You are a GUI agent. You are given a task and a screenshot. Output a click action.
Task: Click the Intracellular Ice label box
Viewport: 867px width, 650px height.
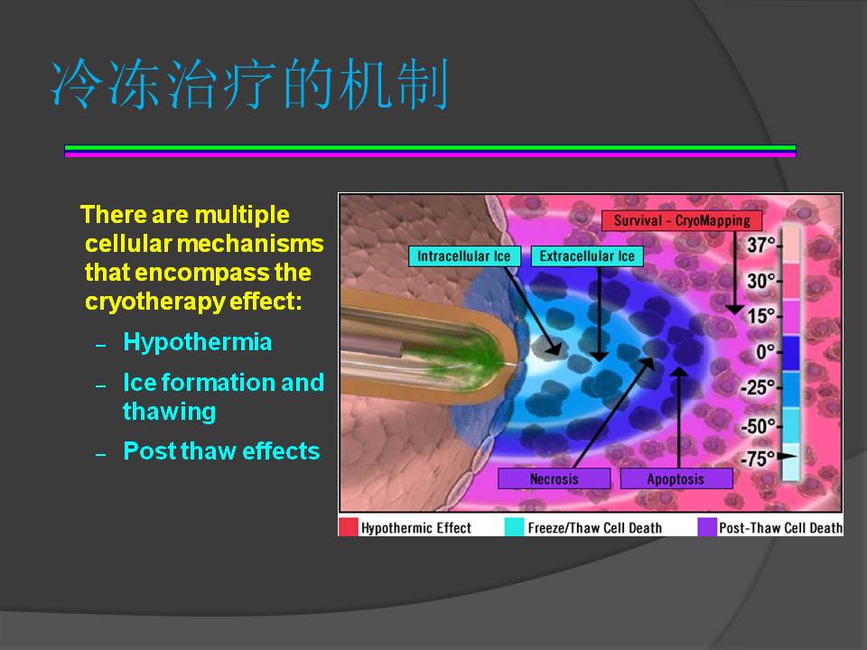pos(464,255)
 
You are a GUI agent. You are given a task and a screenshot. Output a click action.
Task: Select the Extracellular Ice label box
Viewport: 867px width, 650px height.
pos(587,255)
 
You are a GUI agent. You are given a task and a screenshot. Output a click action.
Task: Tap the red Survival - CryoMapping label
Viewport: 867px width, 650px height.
pos(682,220)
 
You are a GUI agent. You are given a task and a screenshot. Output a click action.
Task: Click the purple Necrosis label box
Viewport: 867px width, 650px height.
pos(554,478)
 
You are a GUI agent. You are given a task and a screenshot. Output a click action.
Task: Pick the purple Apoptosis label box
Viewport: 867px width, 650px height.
pos(676,478)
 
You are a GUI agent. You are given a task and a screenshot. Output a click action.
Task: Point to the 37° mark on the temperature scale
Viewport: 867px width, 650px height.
pos(761,245)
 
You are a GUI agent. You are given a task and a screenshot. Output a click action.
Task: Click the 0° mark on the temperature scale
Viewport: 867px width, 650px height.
pos(765,351)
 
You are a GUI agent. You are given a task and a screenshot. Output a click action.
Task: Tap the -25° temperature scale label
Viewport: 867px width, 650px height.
pos(758,387)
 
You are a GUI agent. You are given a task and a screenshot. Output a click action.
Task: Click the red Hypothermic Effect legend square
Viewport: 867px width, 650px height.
pos(348,526)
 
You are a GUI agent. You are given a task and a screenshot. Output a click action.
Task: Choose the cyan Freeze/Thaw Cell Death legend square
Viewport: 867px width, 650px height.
pos(514,526)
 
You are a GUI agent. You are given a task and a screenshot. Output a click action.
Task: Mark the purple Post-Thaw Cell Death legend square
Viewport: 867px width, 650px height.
pos(707,526)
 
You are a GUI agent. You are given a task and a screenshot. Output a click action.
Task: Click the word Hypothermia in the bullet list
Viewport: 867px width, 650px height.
pos(198,342)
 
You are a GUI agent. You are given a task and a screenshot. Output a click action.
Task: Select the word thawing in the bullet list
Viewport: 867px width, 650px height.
pos(169,412)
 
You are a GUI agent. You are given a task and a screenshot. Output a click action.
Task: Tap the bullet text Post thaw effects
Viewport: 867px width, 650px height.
pos(222,451)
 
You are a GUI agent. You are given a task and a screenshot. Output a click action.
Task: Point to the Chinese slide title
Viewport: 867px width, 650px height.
pos(249,85)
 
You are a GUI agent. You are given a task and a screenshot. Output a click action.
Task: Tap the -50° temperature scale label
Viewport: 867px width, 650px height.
pos(758,426)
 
